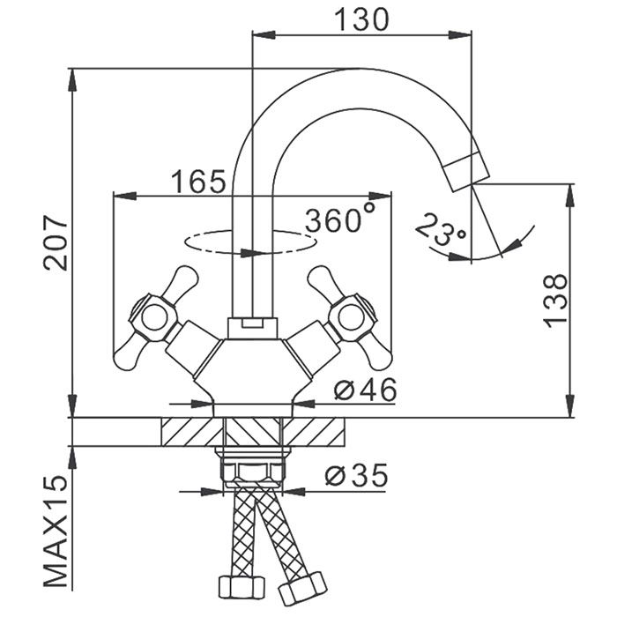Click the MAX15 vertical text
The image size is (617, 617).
click(x=55, y=533)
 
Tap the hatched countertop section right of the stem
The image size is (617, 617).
click(x=316, y=433)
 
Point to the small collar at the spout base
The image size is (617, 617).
click(x=253, y=328)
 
